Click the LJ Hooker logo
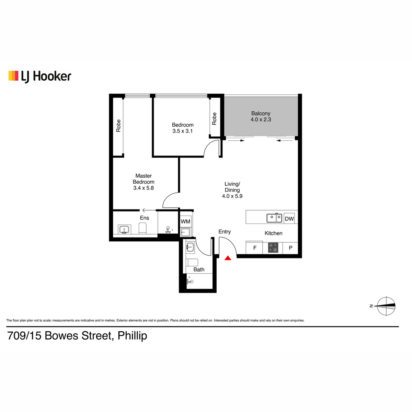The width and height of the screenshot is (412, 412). pos(40,77)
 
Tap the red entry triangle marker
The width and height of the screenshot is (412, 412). pos(228,258)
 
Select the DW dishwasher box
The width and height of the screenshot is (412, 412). pos(289,218)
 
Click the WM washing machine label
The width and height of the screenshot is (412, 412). pos(185,221)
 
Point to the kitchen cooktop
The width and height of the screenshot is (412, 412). pos(273,248)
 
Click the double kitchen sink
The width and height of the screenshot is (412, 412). pos(274,218)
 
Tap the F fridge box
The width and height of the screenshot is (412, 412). pos(254,248)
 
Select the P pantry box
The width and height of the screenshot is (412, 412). pos(290,248)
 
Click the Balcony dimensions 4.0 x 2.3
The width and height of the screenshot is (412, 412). pos(261,119)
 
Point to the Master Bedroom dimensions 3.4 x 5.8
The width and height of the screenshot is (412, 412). pos(144,188)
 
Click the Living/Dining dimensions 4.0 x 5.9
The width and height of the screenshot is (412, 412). pos(232,196)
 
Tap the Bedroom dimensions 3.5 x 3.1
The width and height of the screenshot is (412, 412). pos(182,131)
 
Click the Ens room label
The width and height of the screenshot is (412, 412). pos(145,218)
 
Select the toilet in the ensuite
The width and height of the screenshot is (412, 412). pos(142,228)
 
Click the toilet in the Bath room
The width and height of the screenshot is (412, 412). pos(192,262)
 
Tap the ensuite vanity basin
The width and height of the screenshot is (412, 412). pos(124,229)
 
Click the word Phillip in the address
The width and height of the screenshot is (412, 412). pos(132,336)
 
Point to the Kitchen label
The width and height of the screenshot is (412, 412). pos(273,233)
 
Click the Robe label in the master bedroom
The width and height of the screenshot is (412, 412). pos(118,126)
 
